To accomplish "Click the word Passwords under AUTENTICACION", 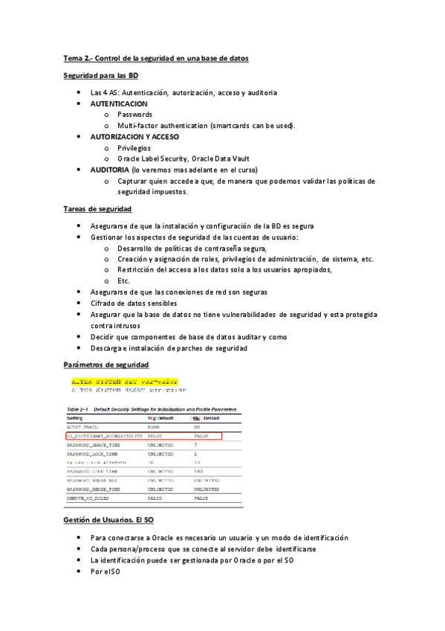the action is (134, 115).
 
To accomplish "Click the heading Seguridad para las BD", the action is (100, 76).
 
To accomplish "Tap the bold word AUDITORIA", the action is (114, 170).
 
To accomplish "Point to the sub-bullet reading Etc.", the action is (123, 281).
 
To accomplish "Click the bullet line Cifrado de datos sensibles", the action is (134, 303).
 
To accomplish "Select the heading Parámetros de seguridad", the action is (105, 365).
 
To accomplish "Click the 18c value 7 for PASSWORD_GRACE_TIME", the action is (195, 444).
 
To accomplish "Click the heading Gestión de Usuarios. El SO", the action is (108, 520).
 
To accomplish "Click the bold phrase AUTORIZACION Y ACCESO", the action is (134, 137).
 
